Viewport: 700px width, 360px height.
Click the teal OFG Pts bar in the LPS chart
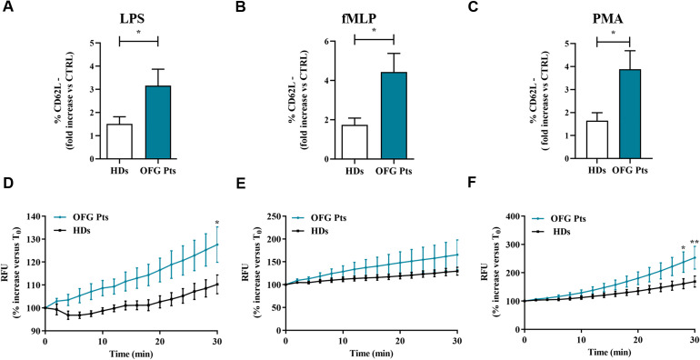(157, 122)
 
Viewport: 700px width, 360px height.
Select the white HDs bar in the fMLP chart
(355, 142)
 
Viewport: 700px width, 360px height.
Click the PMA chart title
(614, 20)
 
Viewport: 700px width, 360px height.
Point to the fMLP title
(375, 20)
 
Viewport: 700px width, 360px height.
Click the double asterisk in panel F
(694, 243)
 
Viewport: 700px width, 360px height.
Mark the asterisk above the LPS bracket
(138, 33)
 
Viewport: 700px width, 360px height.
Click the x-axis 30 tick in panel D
(216, 339)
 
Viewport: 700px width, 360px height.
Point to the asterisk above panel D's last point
(216, 222)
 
